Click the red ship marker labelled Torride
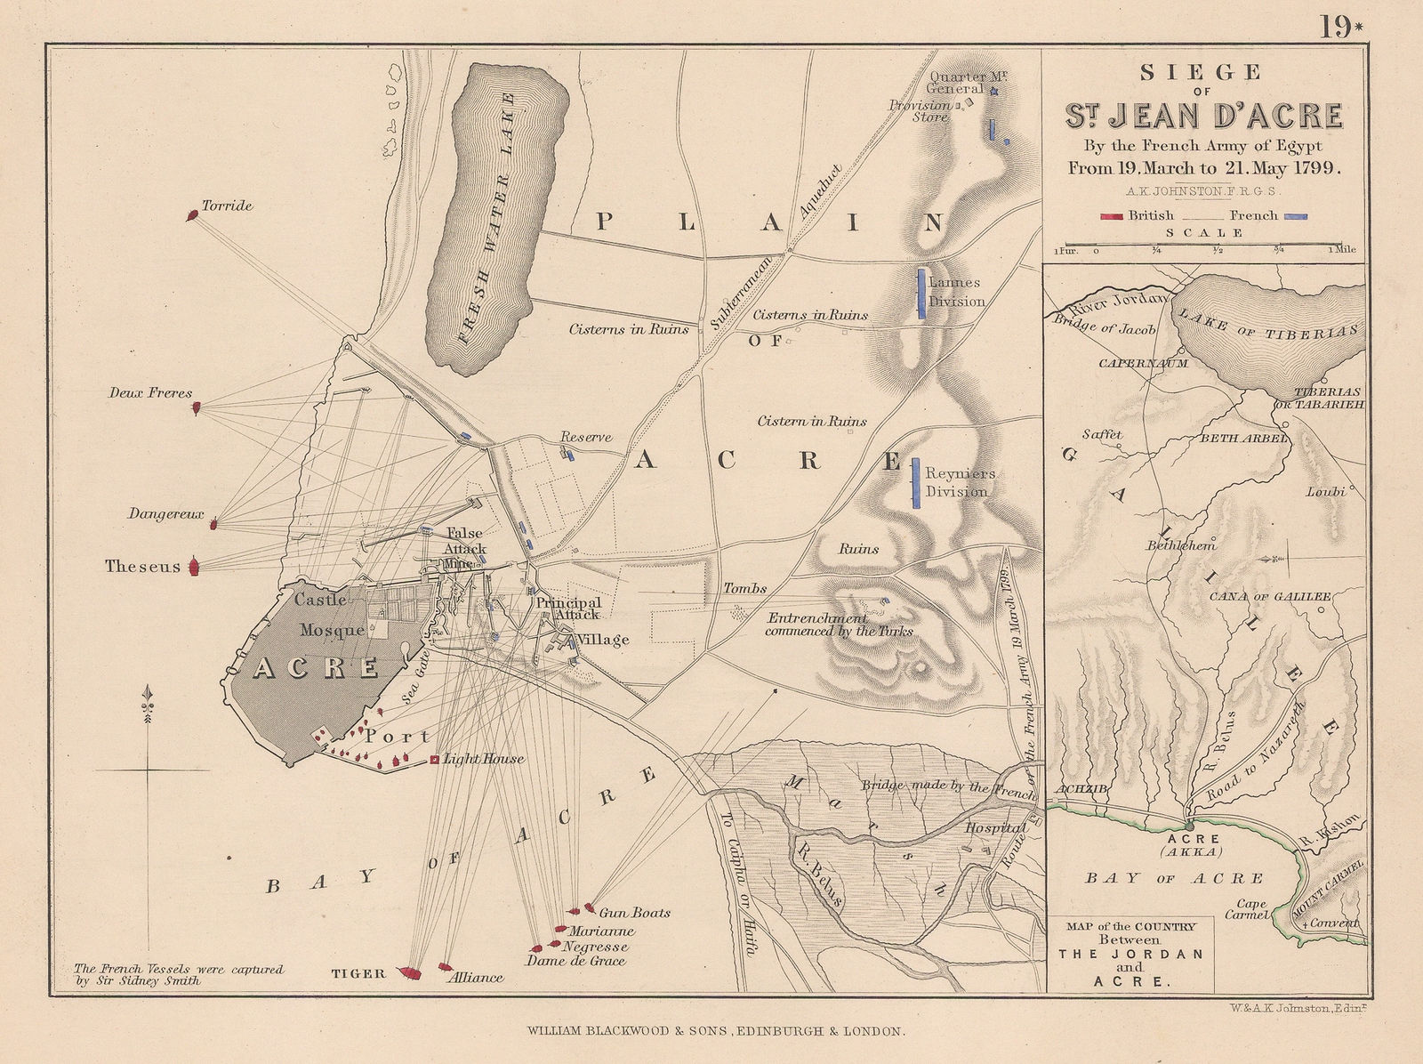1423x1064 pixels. (x=192, y=215)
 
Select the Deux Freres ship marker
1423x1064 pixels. (x=197, y=407)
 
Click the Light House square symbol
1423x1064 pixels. (x=434, y=760)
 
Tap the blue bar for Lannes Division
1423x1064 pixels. (x=921, y=293)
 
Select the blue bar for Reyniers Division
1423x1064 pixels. (x=915, y=483)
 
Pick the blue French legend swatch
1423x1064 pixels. (x=1295, y=215)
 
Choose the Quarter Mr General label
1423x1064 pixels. (x=956, y=83)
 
